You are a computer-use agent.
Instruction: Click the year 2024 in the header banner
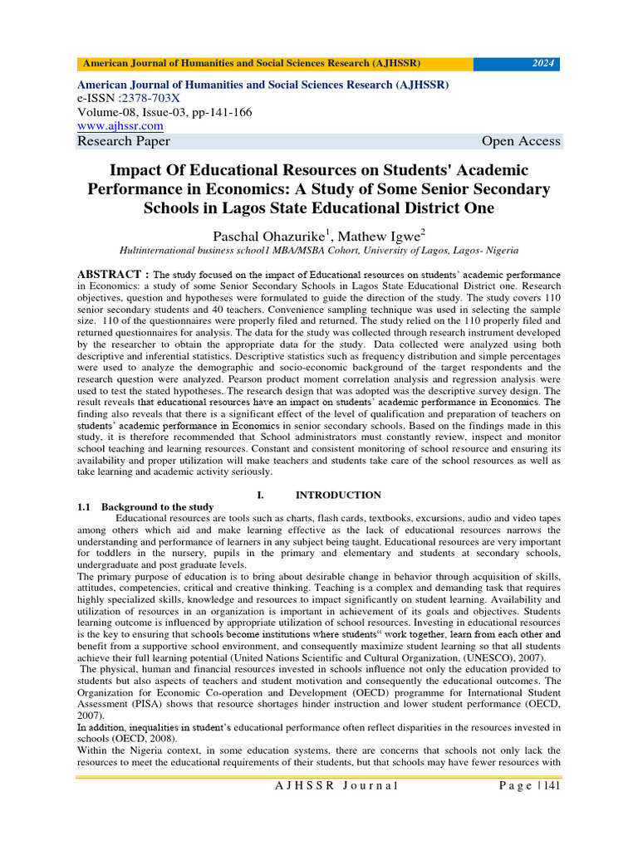pos(544,63)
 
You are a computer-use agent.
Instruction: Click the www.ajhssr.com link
pos(120,125)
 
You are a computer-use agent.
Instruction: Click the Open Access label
pos(521,141)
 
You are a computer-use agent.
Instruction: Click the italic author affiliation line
pos(319,249)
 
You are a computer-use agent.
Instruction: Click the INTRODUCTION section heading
pos(338,495)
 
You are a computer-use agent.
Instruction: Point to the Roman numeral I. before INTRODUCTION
pos(263,495)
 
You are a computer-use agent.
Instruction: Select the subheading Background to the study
pos(157,507)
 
